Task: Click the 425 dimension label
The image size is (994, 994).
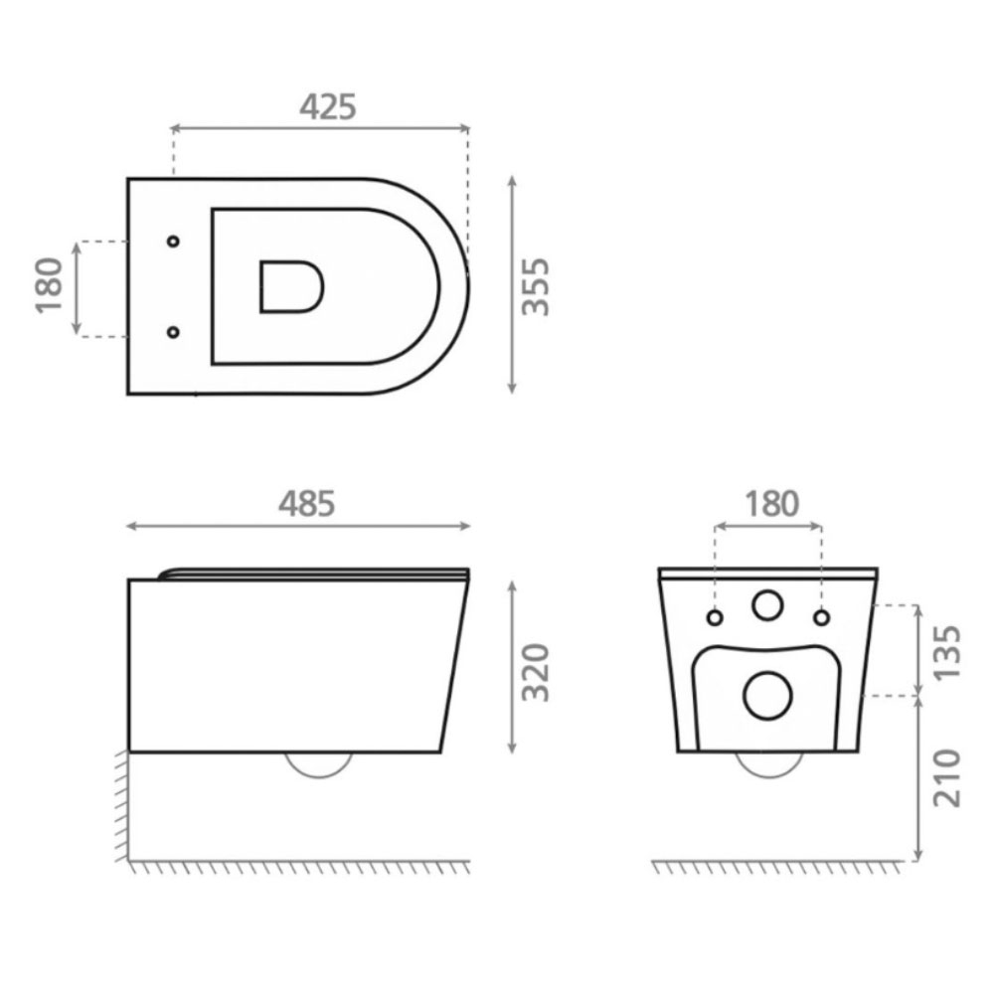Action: (x=328, y=107)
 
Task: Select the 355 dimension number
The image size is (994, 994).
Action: (x=535, y=286)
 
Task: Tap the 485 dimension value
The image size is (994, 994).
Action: (x=307, y=504)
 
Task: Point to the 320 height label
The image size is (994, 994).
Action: (x=535, y=673)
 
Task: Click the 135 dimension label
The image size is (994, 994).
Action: (x=947, y=653)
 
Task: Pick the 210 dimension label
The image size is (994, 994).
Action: (x=947, y=778)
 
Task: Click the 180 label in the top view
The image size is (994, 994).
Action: (x=50, y=285)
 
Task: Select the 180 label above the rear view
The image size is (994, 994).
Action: (x=771, y=504)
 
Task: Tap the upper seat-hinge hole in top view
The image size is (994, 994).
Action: (x=173, y=241)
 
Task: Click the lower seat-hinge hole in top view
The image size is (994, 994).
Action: (x=173, y=332)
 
